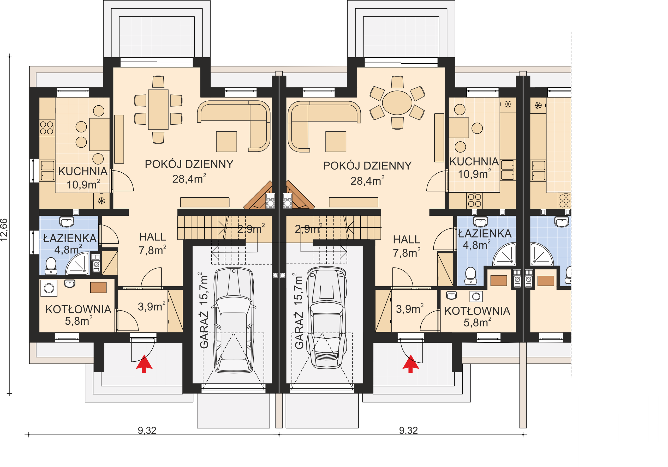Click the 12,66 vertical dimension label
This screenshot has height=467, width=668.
(4, 230)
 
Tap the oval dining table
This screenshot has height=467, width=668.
(397, 103)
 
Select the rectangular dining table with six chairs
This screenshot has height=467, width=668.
(158, 110)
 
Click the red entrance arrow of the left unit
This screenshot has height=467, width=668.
(144, 363)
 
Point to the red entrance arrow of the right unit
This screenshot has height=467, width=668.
(410, 363)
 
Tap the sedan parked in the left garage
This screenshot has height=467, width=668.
(234, 320)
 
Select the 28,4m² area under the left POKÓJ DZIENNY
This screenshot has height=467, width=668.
(189, 179)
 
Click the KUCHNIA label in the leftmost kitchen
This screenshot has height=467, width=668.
(83, 171)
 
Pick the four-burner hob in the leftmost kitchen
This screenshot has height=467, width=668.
(47, 128)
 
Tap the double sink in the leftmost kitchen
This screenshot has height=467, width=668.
(47, 171)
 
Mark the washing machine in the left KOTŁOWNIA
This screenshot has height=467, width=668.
(49, 288)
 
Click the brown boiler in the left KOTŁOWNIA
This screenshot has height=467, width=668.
(98, 287)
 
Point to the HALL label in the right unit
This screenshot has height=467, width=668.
(407, 240)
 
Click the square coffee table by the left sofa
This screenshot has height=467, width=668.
(226, 142)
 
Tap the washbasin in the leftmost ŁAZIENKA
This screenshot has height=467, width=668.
(67, 222)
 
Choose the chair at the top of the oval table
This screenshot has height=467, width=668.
(397, 82)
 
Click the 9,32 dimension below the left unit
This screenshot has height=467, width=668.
(147, 430)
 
